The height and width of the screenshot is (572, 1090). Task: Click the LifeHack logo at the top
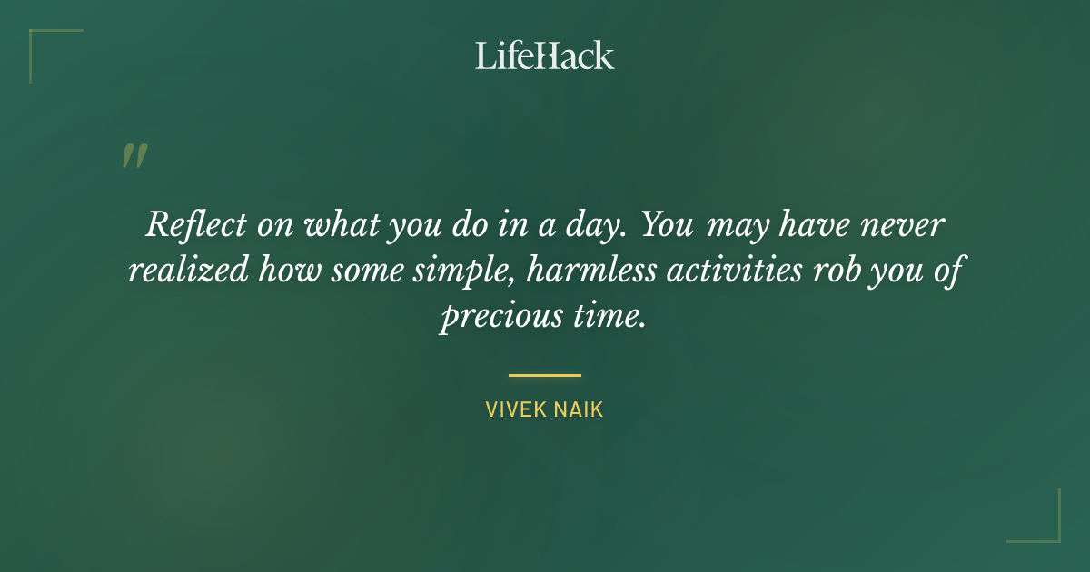[x=544, y=55]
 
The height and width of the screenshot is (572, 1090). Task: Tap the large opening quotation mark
[x=134, y=156]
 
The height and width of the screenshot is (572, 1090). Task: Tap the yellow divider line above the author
[x=545, y=374]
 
